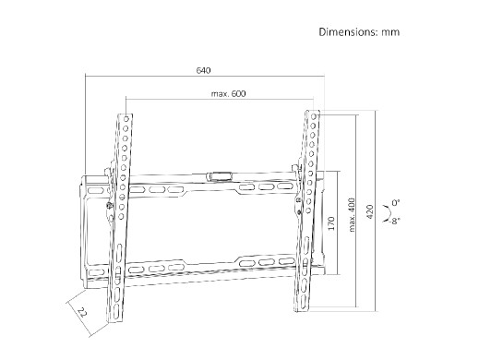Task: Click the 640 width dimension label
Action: click(x=203, y=70)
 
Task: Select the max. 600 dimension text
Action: click(x=229, y=93)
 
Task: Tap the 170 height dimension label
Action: click(x=331, y=223)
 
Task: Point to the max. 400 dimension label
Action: click(x=353, y=215)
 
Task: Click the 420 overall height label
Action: click(x=370, y=211)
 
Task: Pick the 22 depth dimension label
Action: click(x=82, y=313)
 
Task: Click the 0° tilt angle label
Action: click(x=396, y=203)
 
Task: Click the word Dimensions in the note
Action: click(x=347, y=32)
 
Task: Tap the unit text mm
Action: click(x=390, y=32)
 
